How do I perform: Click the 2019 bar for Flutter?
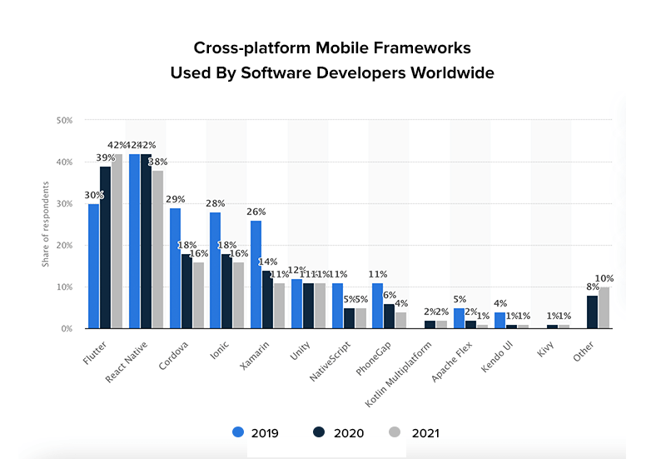click(93, 267)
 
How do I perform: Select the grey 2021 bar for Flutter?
click(117, 242)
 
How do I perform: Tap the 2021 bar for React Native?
click(157, 250)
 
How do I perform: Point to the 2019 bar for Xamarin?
click(256, 275)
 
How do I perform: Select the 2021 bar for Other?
click(604, 308)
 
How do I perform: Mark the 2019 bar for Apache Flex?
click(459, 319)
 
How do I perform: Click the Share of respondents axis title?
click(45, 225)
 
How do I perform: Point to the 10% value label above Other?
click(604, 278)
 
